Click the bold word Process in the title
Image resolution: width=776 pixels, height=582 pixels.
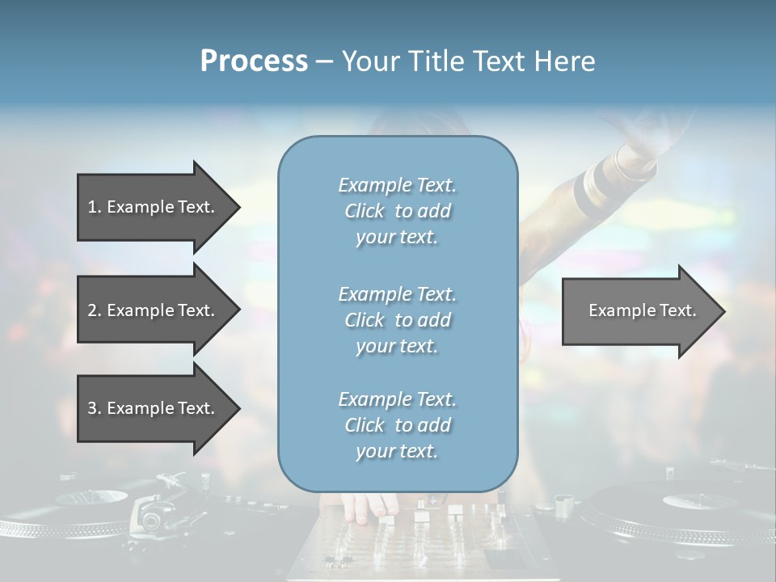point(254,61)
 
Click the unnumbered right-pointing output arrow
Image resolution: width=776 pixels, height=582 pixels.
point(639,311)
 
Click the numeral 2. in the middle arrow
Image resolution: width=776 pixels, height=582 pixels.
point(95,310)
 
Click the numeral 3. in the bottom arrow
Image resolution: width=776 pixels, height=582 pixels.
point(95,408)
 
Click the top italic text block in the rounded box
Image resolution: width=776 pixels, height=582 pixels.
point(397,211)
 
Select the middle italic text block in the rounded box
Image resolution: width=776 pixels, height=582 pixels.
point(397,320)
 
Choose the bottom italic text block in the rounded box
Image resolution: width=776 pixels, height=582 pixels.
point(397,425)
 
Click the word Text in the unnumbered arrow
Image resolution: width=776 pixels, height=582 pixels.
point(677,310)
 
